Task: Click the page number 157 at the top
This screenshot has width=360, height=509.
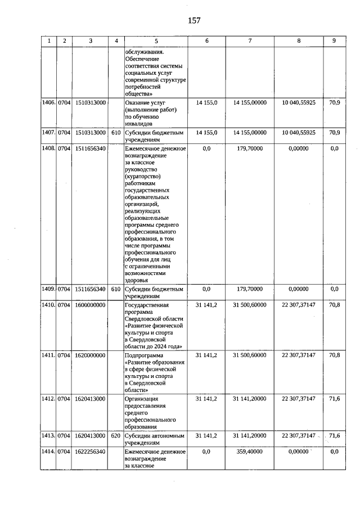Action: [194, 21]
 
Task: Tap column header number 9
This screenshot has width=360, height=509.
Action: [334, 40]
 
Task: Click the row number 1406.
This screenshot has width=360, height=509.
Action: [48, 103]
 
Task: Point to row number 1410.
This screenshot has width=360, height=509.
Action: [48, 304]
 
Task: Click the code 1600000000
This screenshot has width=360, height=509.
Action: [90, 304]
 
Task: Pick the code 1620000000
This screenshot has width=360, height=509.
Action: [90, 355]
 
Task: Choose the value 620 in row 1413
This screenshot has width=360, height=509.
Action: [116, 435]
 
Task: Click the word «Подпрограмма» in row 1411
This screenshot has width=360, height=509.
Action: [143, 355]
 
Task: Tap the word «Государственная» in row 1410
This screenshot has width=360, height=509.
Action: [146, 304]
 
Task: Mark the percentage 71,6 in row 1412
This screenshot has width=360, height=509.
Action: [334, 399]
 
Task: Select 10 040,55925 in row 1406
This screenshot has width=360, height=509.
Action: [299, 103]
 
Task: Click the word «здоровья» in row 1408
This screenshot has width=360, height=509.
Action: [137, 280]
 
